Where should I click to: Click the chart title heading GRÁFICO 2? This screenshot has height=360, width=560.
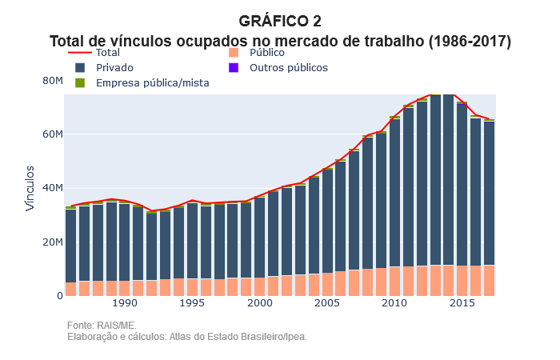(x=280, y=21)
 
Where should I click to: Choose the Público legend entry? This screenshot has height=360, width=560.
(x=267, y=52)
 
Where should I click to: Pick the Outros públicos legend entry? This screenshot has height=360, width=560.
(x=288, y=67)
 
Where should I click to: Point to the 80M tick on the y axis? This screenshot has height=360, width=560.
(x=52, y=80)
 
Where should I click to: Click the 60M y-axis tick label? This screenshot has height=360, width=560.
(x=52, y=134)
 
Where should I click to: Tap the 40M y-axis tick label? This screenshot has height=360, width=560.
(x=52, y=188)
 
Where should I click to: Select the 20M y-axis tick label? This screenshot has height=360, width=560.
(x=52, y=242)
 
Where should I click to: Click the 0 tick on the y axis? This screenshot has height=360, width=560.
(x=59, y=295)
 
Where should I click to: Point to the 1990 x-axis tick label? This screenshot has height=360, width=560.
(x=125, y=304)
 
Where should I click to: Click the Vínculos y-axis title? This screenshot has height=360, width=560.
(x=30, y=188)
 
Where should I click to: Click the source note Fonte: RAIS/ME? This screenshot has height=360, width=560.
(x=102, y=326)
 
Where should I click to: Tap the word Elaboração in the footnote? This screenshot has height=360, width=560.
(x=92, y=337)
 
